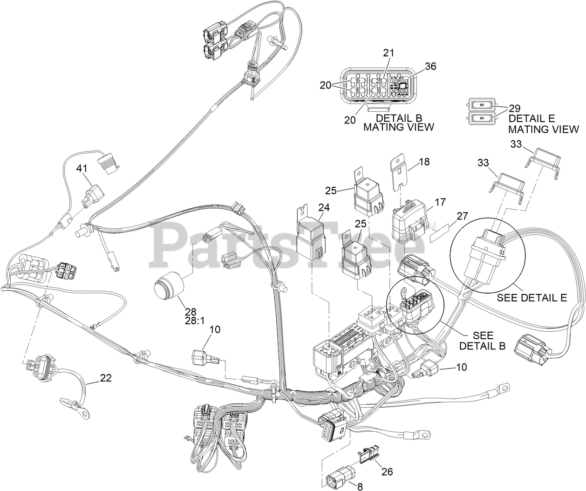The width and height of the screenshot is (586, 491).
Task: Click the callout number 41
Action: pyautogui.click(x=82, y=169)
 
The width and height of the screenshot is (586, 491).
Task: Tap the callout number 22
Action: pyautogui.click(x=106, y=378)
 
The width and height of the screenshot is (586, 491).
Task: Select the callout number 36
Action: pyautogui.click(x=430, y=67)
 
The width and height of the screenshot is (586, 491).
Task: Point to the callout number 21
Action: pyautogui.click(x=388, y=53)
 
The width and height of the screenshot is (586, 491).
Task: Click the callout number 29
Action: pyautogui.click(x=515, y=109)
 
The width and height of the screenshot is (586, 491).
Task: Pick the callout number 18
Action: pyautogui.click(x=424, y=162)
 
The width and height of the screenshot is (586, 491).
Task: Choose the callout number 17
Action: pyautogui.click(x=440, y=202)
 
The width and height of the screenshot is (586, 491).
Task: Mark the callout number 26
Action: pyautogui.click(x=387, y=471)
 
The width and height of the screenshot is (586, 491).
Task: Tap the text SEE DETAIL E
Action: pyautogui.click(x=531, y=297)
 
